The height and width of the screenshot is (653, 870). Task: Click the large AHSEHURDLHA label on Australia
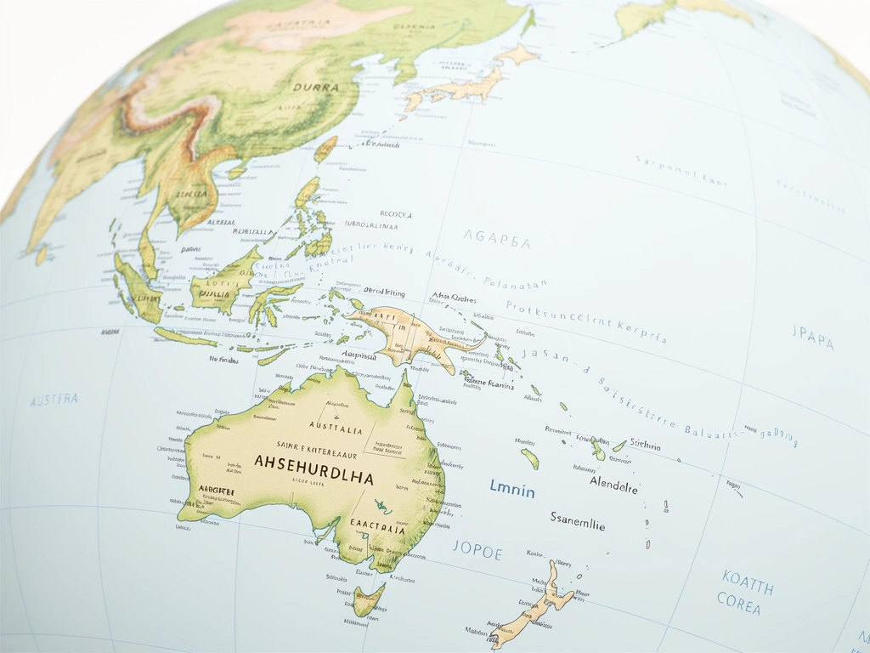click(313, 464)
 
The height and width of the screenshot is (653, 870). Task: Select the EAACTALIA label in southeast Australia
click(377, 527)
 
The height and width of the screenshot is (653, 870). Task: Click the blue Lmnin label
click(512, 490)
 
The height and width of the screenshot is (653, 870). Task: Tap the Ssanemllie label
click(578, 520)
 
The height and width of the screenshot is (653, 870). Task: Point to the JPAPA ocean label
click(813, 338)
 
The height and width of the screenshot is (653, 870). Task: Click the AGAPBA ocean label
click(497, 241)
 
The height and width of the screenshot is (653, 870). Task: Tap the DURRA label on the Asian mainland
click(315, 87)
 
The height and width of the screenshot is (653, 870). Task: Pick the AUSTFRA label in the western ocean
click(54, 400)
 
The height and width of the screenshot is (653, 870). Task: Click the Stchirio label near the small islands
click(646, 446)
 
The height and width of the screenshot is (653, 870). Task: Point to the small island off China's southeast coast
click(325, 150)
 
